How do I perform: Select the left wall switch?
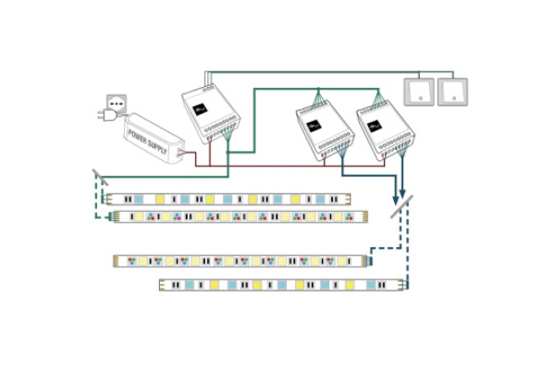[418, 92]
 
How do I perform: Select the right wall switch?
[452, 92]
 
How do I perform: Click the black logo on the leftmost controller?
[200, 108]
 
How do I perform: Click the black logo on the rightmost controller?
[375, 126]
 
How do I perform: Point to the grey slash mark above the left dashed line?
[99, 174]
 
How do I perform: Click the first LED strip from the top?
[228, 198]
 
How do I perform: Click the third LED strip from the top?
[242, 261]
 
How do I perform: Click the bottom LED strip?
[281, 285]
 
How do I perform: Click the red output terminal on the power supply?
[180, 152]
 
